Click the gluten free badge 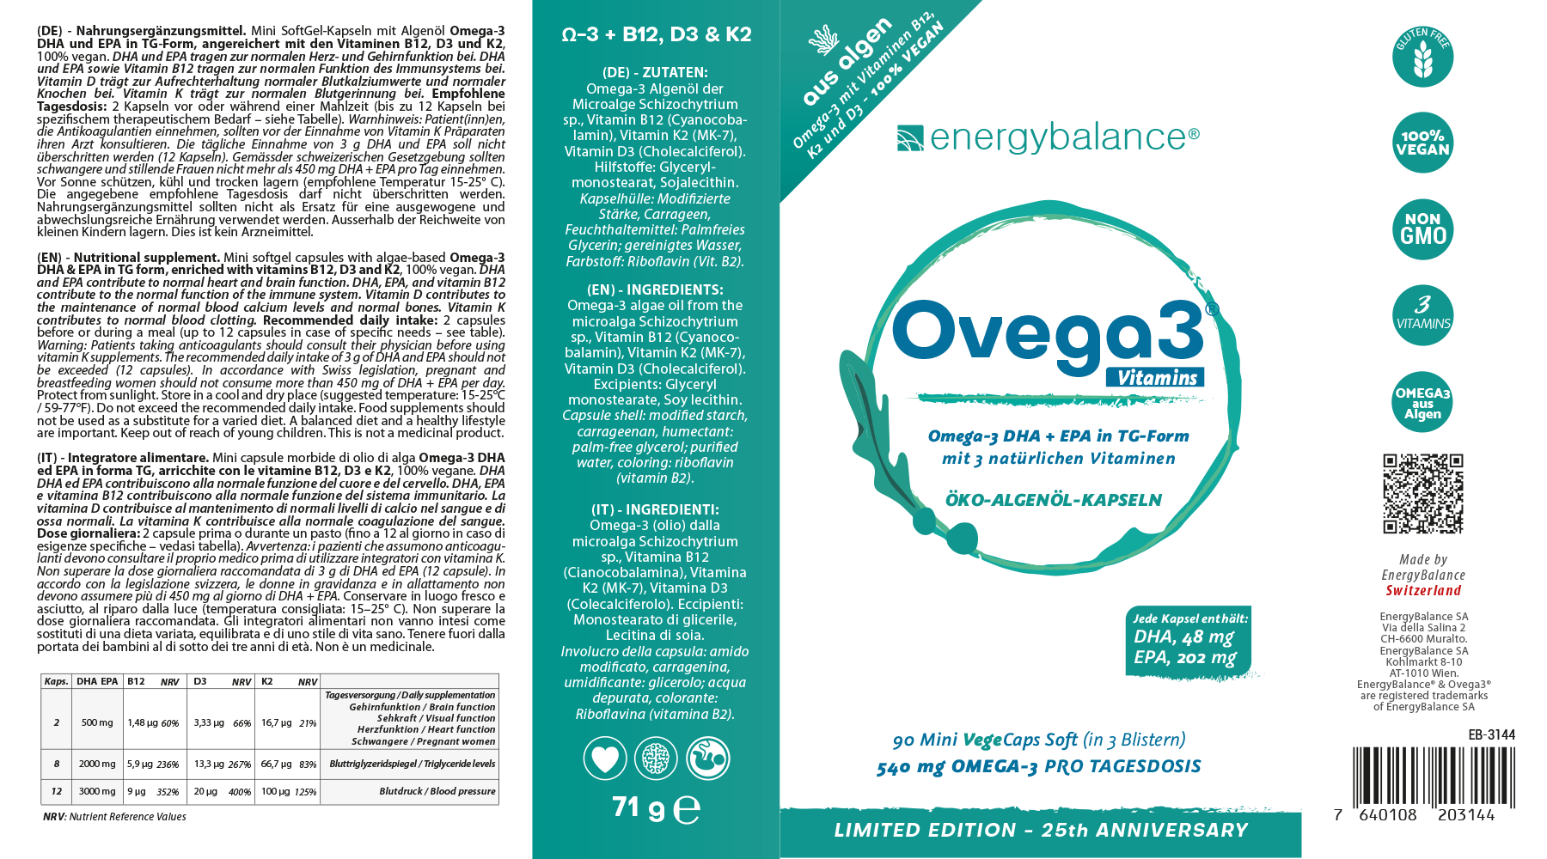click(1422, 57)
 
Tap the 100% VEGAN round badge click(1422, 143)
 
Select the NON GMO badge click(1422, 229)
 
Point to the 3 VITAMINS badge click(1422, 315)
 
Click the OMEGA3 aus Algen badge click(1422, 402)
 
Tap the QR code click(1422, 494)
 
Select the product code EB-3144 click(1491, 734)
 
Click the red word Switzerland click(1423, 591)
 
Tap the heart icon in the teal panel click(605, 759)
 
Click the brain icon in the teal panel click(656, 759)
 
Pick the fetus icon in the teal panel click(707, 759)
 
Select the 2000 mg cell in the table click(97, 764)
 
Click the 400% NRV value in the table click(240, 793)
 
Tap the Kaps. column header click(57, 681)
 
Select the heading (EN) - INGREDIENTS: click(655, 290)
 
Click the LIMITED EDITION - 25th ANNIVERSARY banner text click(1040, 831)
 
